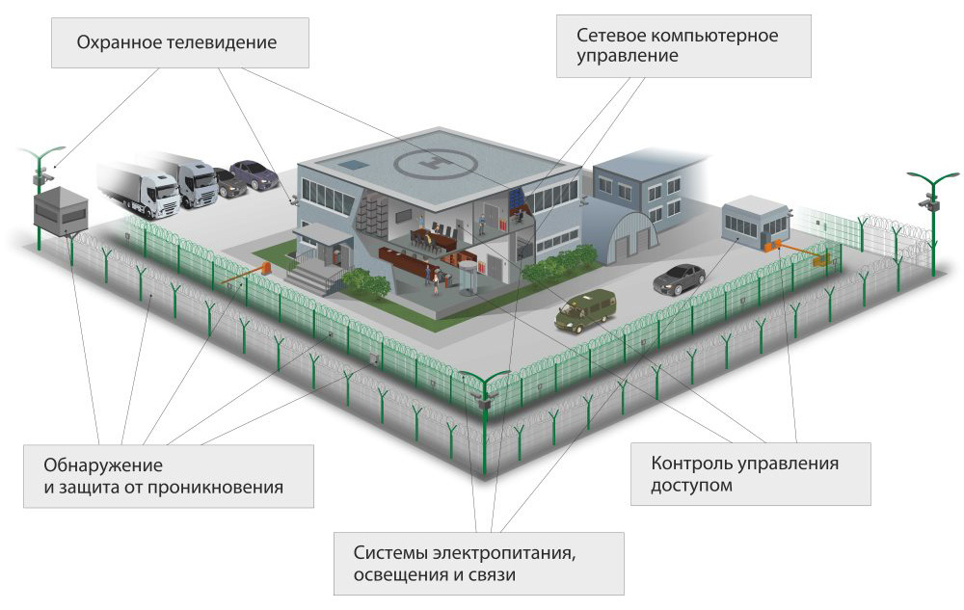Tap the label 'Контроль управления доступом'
point(744,474)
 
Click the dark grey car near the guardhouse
point(680,278)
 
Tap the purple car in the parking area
point(254,173)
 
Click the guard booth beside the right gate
point(756,223)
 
